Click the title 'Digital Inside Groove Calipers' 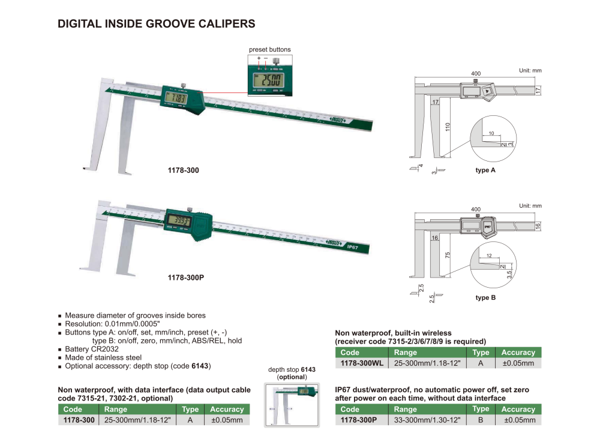coord(156,24)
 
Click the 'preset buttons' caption coord(269,49)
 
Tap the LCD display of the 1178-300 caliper coord(178,98)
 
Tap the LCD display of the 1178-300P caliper coord(179,220)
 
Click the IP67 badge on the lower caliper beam coord(353,246)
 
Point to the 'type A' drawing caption coord(485,171)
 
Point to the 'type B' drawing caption coord(485,297)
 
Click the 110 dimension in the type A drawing coord(447,127)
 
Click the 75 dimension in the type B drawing coord(447,255)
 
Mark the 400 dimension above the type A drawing coord(476,73)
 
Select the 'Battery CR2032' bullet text coord(91,349)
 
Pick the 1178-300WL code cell coord(362,363)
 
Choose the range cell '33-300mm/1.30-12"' coord(427,420)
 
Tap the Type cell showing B coord(481,420)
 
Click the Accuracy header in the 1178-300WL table coord(518,353)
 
